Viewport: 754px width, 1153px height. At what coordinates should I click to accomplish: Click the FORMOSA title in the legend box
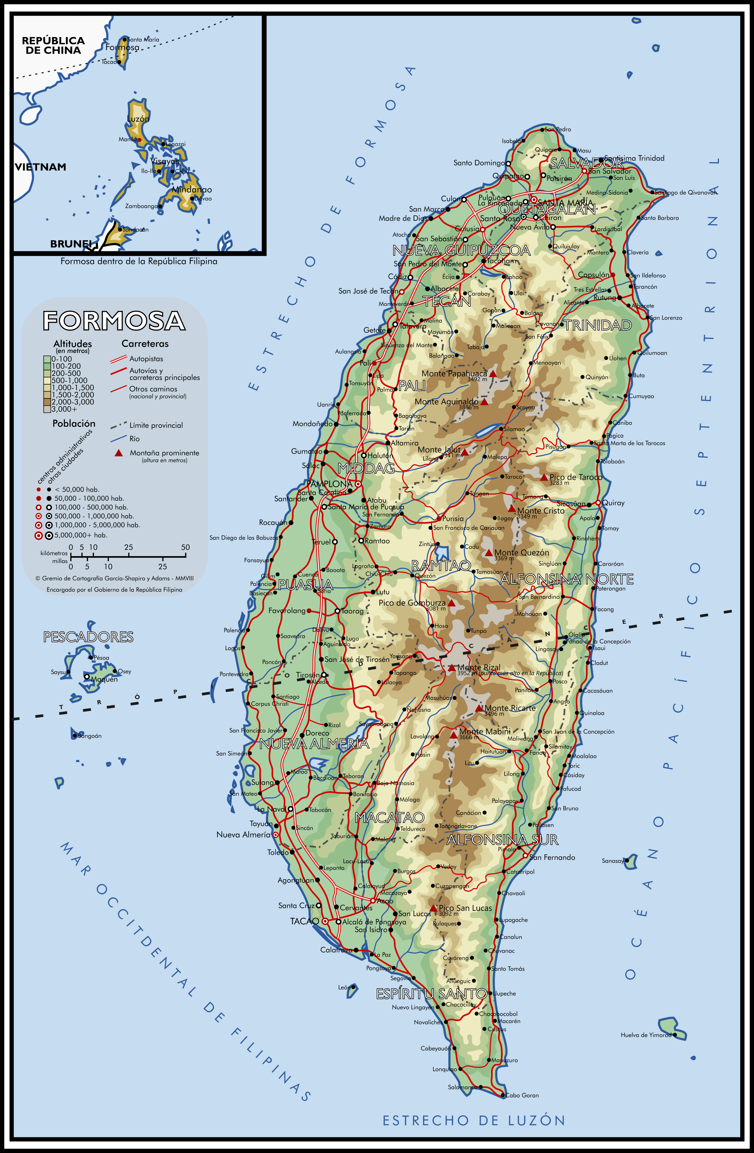[114, 321]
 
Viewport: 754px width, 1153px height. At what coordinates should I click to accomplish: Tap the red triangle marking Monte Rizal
[451, 667]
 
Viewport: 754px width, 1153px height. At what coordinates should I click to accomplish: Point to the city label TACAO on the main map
[304, 921]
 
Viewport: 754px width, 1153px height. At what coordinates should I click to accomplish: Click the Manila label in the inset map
[128, 140]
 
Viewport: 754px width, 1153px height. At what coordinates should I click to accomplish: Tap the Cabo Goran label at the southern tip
[522, 1095]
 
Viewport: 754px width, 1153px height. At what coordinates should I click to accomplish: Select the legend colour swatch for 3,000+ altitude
[47, 409]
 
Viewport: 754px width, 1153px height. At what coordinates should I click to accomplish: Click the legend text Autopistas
[146, 359]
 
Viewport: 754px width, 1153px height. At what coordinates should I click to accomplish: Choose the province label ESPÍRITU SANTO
[431, 994]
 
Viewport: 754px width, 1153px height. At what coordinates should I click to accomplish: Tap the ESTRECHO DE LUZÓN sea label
[474, 1120]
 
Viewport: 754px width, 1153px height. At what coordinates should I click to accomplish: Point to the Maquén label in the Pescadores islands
[104, 679]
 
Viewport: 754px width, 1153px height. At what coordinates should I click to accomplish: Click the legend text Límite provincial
[156, 425]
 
